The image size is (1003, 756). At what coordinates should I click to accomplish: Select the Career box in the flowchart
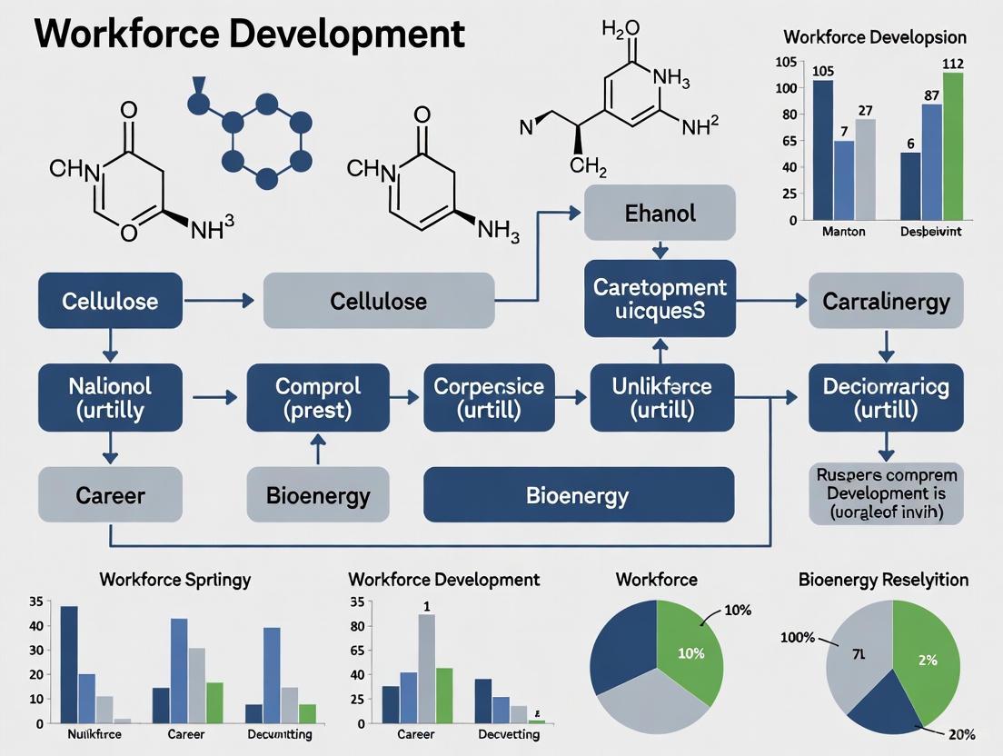click(110, 495)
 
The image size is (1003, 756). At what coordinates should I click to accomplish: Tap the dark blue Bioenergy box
click(578, 495)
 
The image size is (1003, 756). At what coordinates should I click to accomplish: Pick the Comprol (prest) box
click(318, 397)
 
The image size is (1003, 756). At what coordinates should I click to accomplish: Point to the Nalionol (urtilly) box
click(110, 397)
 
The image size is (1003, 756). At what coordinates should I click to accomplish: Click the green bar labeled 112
click(953, 145)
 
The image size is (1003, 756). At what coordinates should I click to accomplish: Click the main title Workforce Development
click(249, 35)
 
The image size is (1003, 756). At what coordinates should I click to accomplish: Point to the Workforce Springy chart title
click(175, 579)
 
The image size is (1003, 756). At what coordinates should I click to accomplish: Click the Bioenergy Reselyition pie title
click(883, 579)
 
